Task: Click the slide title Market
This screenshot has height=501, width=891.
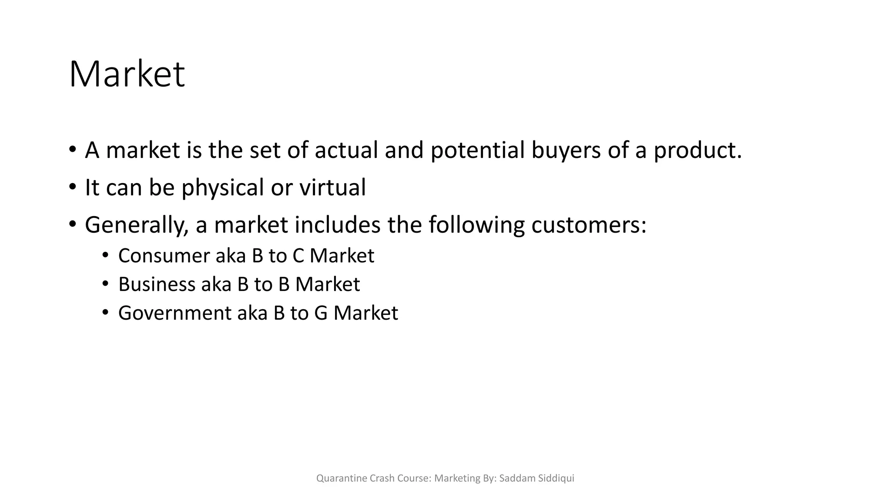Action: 127,75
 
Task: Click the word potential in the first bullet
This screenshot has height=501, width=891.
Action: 477,150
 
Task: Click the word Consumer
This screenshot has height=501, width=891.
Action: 164,256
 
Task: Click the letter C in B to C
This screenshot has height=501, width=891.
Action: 298,256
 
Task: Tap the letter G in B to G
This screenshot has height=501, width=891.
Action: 321,313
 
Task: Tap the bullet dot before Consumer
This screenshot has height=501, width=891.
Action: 105,255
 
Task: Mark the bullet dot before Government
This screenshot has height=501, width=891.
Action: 105,313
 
